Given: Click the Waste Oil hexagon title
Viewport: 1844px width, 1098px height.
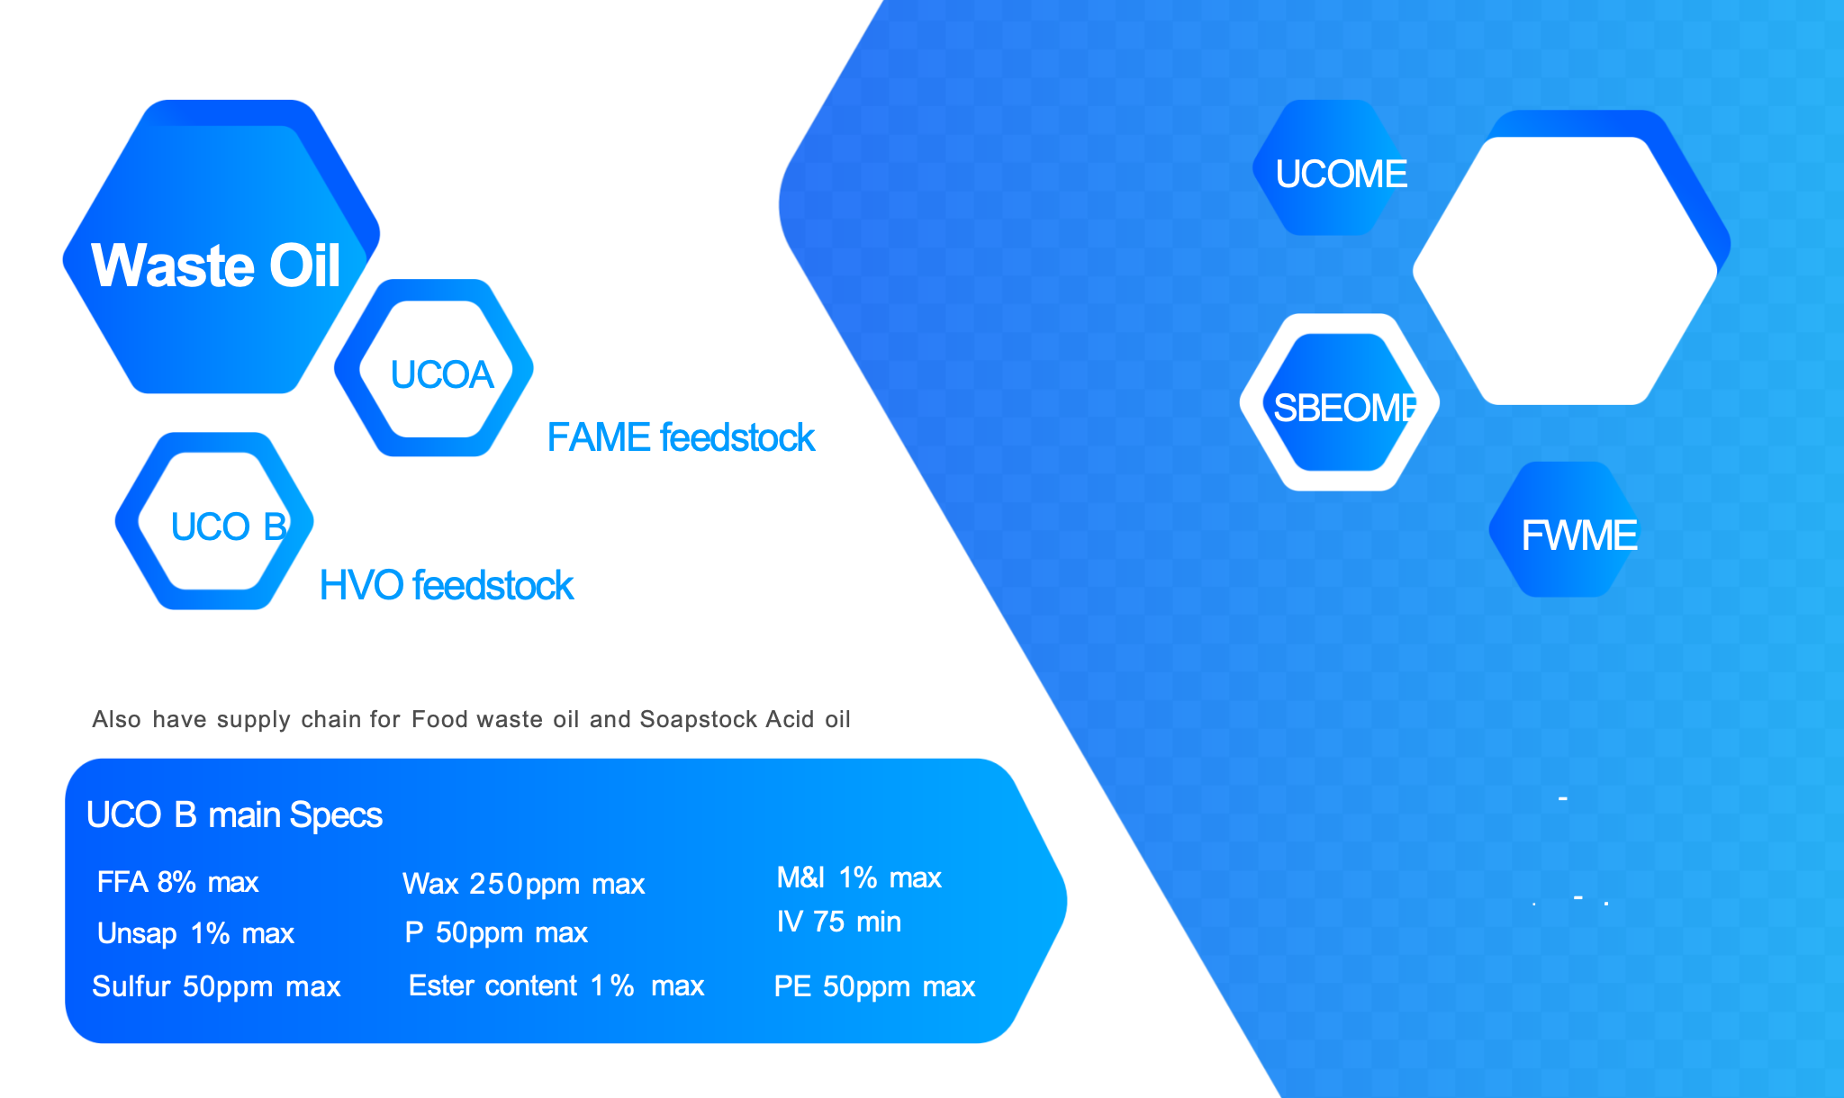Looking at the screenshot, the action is [216, 265].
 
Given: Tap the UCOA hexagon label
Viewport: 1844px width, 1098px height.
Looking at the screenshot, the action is [442, 374].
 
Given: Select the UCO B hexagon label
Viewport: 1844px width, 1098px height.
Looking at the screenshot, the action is [229, 526].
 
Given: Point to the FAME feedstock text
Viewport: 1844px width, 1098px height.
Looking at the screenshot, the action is [681, 437].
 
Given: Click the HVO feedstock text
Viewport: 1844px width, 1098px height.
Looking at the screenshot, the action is [447, 585].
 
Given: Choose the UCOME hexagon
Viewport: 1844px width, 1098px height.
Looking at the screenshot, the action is [1331, 168].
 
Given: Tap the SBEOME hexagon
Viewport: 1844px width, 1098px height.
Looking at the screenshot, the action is [1340, 402].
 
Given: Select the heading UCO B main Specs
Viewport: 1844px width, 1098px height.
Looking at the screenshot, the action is [234, 814].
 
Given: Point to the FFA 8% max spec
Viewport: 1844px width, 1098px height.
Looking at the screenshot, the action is [177, 882].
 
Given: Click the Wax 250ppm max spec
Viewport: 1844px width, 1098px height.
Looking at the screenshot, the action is [524, 884].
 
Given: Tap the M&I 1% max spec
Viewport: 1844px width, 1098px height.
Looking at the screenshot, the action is [859, 877].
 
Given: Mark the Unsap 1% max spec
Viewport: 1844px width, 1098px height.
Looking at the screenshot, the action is [195, 933].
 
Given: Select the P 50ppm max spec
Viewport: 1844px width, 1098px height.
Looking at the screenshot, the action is [496, 932].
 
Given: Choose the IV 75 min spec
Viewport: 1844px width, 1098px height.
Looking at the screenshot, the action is [839, 922].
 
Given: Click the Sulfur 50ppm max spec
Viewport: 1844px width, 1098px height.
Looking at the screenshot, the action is [216, 986].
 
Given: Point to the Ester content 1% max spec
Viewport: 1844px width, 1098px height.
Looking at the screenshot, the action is [556, 985].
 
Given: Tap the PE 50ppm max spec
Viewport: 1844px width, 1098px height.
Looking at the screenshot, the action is [874, 986].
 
